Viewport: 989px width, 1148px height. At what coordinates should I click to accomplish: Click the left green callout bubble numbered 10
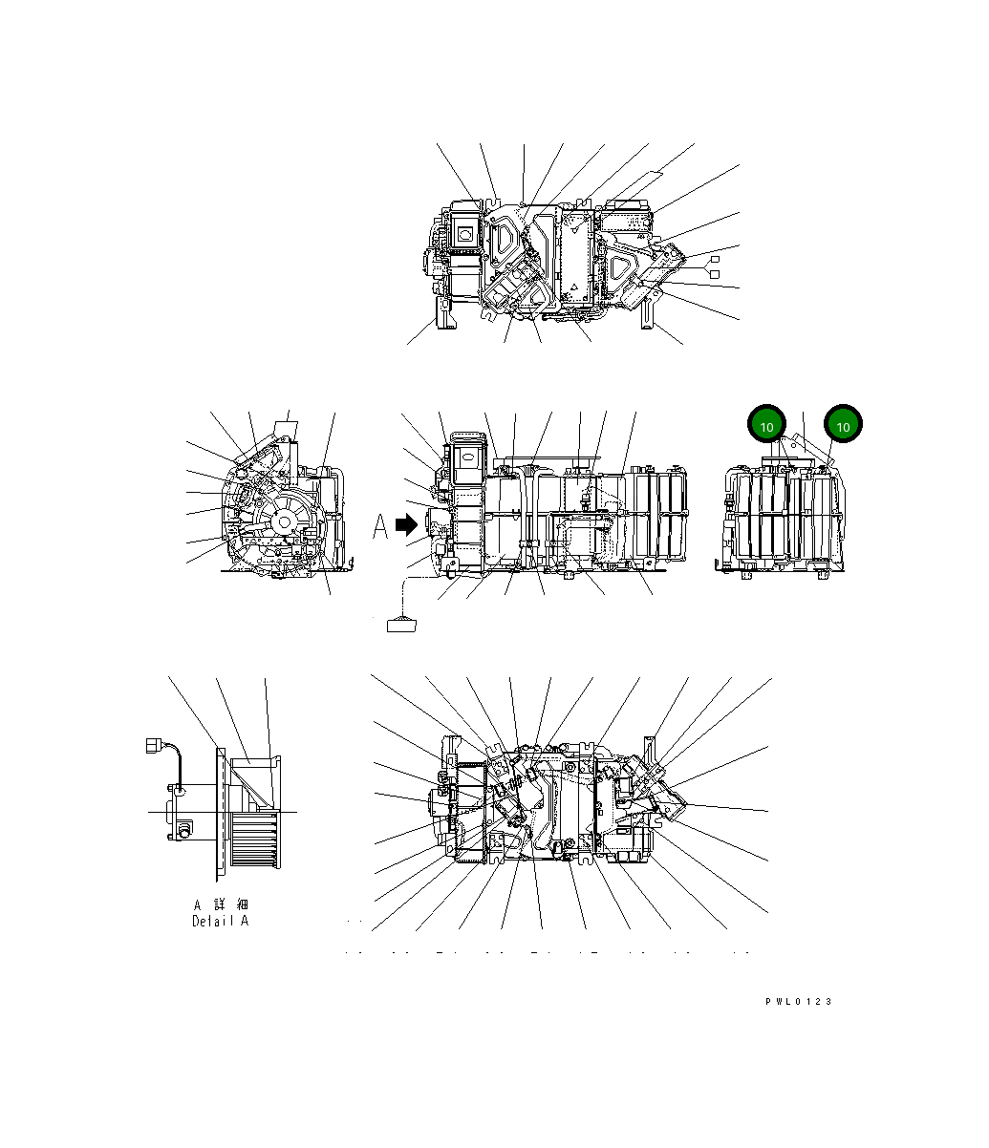pyautogui.click(x=766, y=425)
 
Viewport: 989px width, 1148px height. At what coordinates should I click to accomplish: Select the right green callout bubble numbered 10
pyautogui.click(x=843, y=425)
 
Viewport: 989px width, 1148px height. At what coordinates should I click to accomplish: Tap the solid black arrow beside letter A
pyautogui.click(x=408, y=524)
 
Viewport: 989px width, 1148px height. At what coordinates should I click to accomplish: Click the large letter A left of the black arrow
pyautogui.click(x=380, y=525)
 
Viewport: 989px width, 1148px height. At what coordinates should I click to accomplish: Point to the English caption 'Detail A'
pyautogui.click(x=220, y=921)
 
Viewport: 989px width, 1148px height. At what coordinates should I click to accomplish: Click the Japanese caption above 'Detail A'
pyautogui.click(x=220, y=904)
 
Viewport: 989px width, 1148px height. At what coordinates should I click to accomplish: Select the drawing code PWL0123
pyautogui.click(x=798, y=1001)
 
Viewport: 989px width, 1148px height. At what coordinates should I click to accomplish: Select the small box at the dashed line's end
pyautogui.click(x=401, y=626)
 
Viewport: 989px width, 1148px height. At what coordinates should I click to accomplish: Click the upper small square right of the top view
pyautogui.click(x=712, y=259)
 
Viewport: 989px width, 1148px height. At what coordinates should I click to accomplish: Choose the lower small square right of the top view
pyautogui.click(x=712, y=274)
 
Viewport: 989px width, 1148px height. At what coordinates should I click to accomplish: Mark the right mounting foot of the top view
pyautogui.click(x=649, y=311)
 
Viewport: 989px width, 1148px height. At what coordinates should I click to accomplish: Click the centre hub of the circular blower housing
pyautogui.click(x=284, y=521)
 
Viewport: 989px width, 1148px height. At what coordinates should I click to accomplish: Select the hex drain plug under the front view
pyautogui.click(x=570, y=575)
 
